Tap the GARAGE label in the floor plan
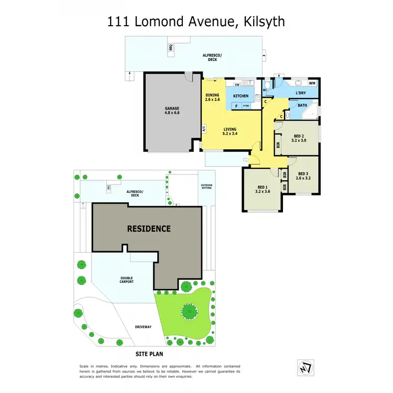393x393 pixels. pos(172,109)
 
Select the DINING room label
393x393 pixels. pos(212,95)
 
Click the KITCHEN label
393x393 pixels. pos(241,96)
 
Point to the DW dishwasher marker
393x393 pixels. pos(237,84)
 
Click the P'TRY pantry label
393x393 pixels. pos(246,106)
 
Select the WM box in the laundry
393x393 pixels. pos(312,83)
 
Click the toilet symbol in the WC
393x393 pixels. pos(267,86)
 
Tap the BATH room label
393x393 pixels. pos(302,105)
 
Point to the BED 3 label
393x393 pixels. pos(303,174)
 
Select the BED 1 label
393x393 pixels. pos(263,188)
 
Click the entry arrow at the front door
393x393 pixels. pos(246,159)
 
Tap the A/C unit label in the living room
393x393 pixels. pos(204,128)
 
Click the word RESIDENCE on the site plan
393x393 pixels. pos(147,228)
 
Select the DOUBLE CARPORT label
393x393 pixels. pos(126,280)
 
